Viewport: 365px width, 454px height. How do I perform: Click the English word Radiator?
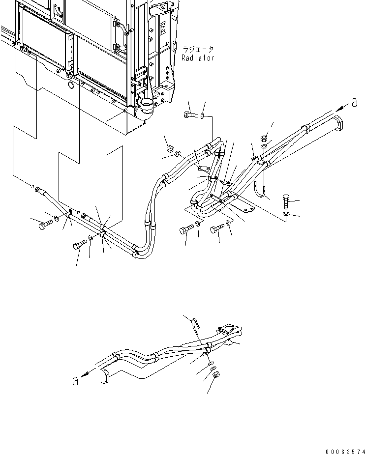click(x=198, y=58)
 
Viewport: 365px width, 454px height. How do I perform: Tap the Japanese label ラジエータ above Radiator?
click(x=198, y=50)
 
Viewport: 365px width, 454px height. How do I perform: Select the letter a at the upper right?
click(x=354, y=102)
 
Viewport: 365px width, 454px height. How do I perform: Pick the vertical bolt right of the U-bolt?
click(x=288, y=201)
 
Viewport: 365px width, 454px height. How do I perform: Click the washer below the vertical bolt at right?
click(x=287, y=215)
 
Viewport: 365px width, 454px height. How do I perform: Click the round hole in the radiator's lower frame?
click(x=70, y=86)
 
